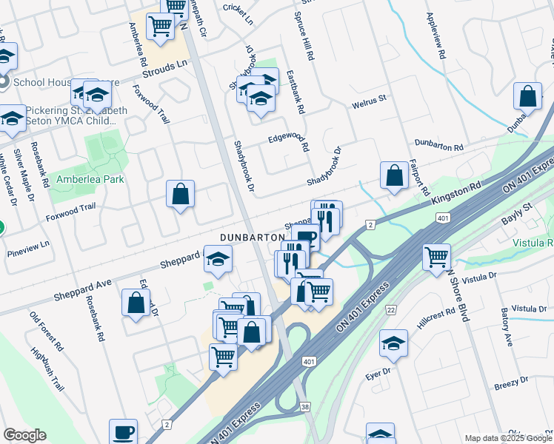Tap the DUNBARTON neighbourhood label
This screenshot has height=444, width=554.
pos(253,237)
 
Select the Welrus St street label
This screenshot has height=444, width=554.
pos(370,98)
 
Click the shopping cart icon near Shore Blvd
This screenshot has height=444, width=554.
pos(437,256)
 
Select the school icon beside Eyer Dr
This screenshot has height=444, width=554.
pos(393,343)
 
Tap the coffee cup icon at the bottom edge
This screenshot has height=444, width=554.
pos(123,431)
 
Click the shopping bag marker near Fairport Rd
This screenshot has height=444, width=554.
pos(395,175)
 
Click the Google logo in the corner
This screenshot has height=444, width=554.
pos(24,435)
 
